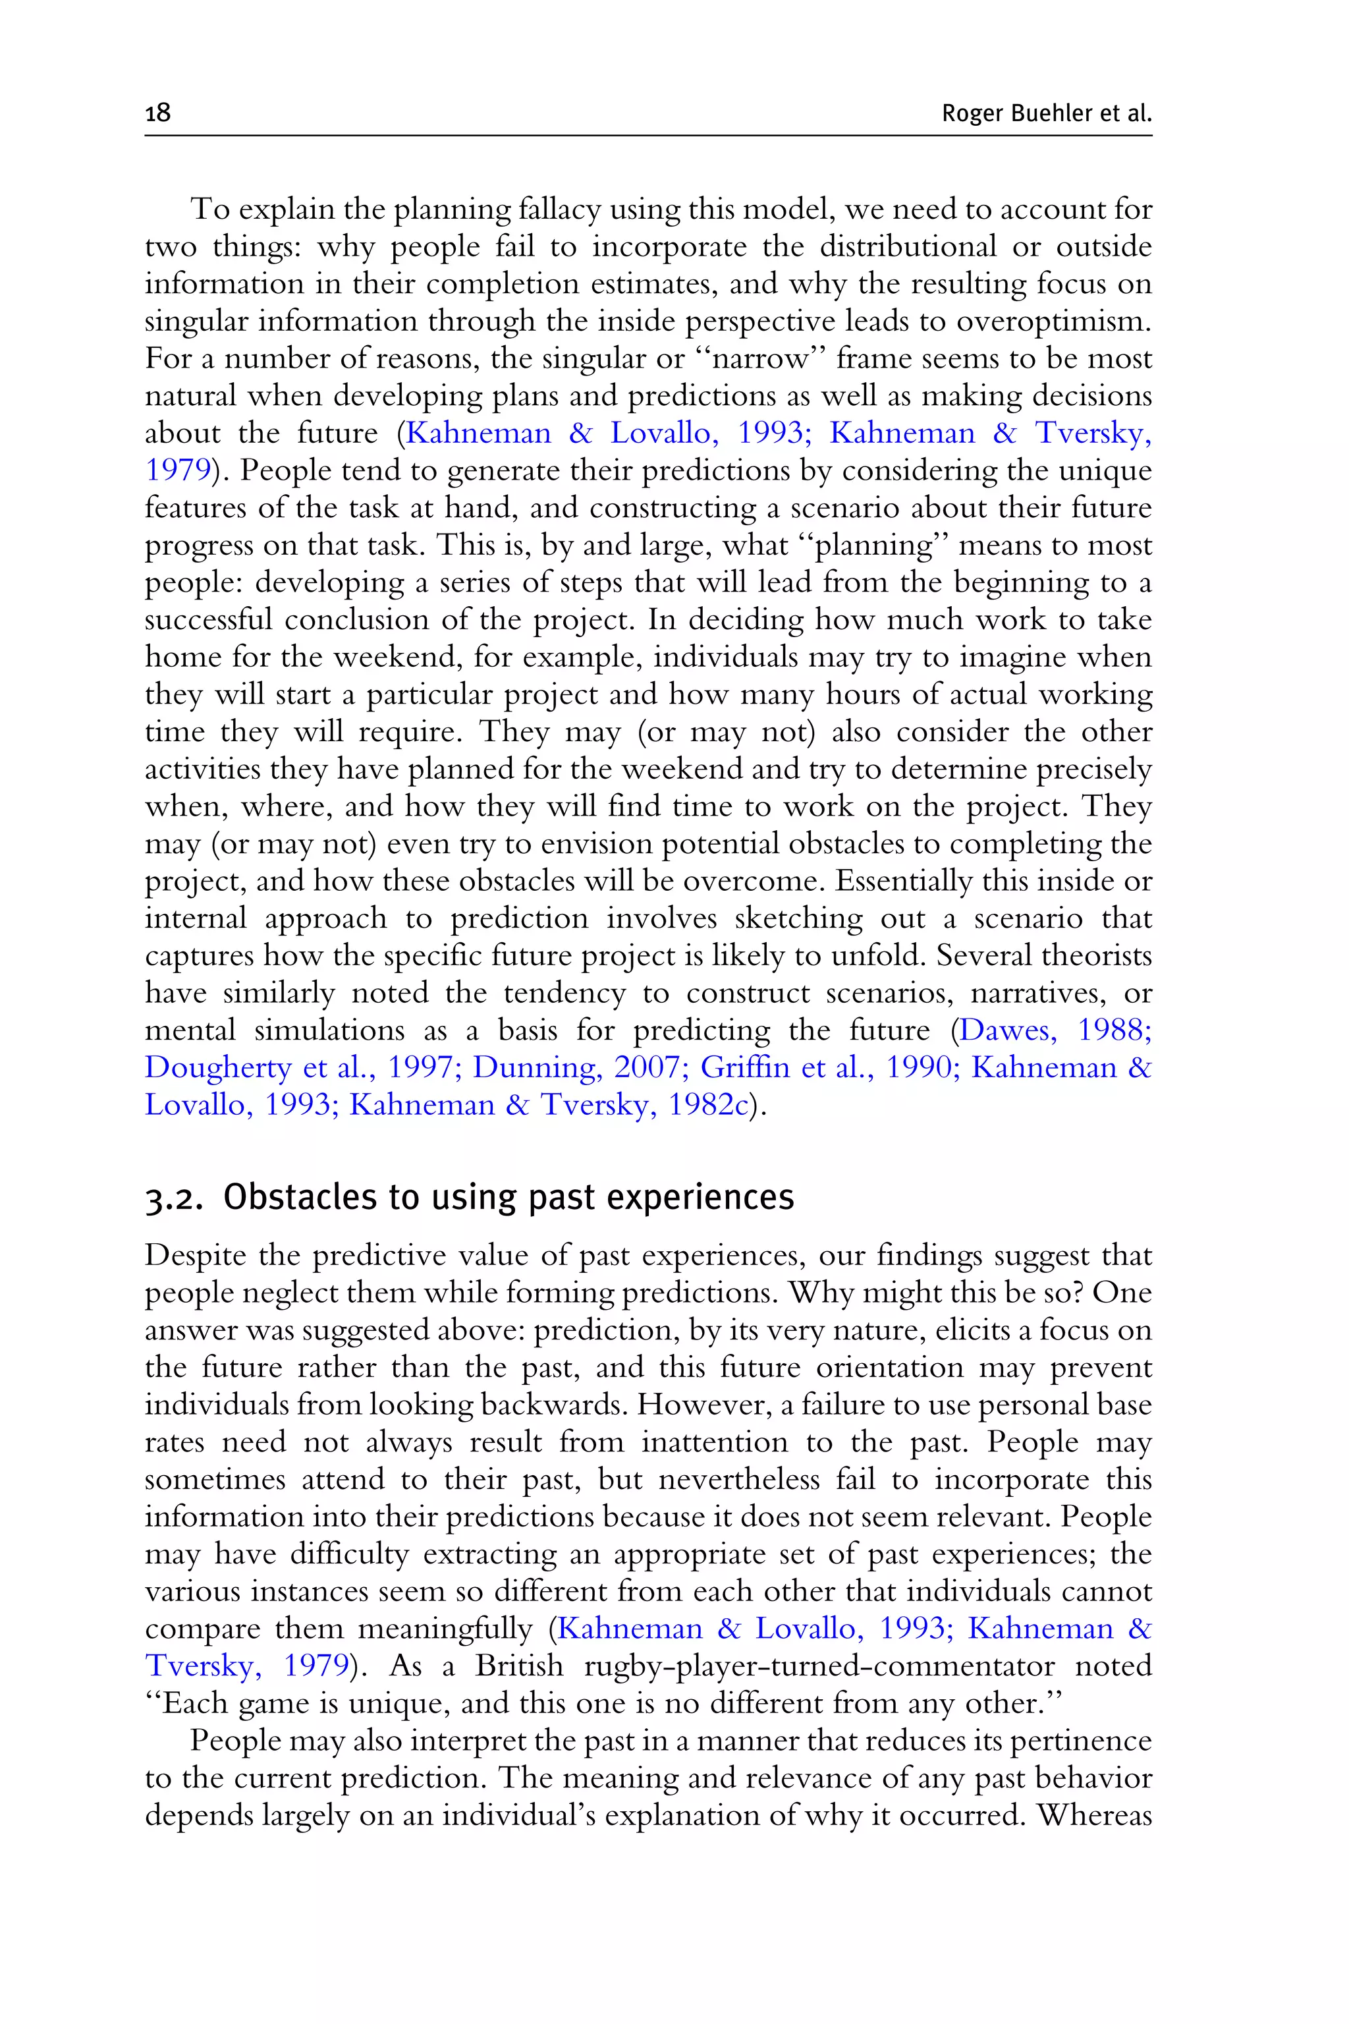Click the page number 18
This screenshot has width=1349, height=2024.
tap(158, 113)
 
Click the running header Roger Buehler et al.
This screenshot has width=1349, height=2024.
tap(1046, 113)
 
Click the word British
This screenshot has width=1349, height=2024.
tap(519, 1666)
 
